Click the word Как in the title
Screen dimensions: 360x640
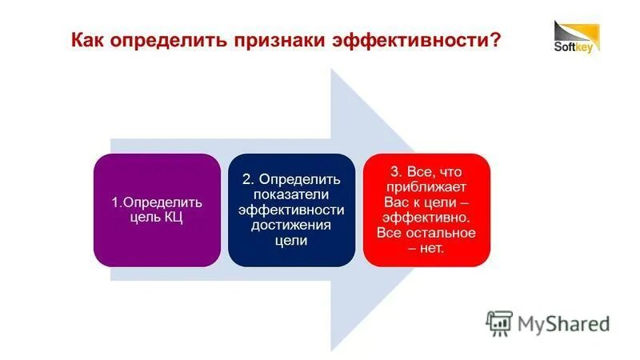pyautogui.click(x=90, y=40)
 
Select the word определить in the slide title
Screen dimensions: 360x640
pyautogui.click(x=170, y=40)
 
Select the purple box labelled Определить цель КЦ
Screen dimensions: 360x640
pyautogui.click(x=157, y=210)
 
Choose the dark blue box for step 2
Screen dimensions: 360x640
pyautogui.click(x=291, y=210)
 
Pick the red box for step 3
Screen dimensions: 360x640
pyautogui.click(x=426, y=210)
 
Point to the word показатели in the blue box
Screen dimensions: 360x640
pyautogui.click(x=291, y=194)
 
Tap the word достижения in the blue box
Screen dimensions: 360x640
pyautogui.click(x=291, y=225)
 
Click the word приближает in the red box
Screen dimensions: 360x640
pyautogui.click(x=426, y=186)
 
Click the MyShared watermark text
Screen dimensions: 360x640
pyautogui.click(x=563, y=323)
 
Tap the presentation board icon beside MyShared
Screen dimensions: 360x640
pyautogui.click(x=499, y=322)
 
